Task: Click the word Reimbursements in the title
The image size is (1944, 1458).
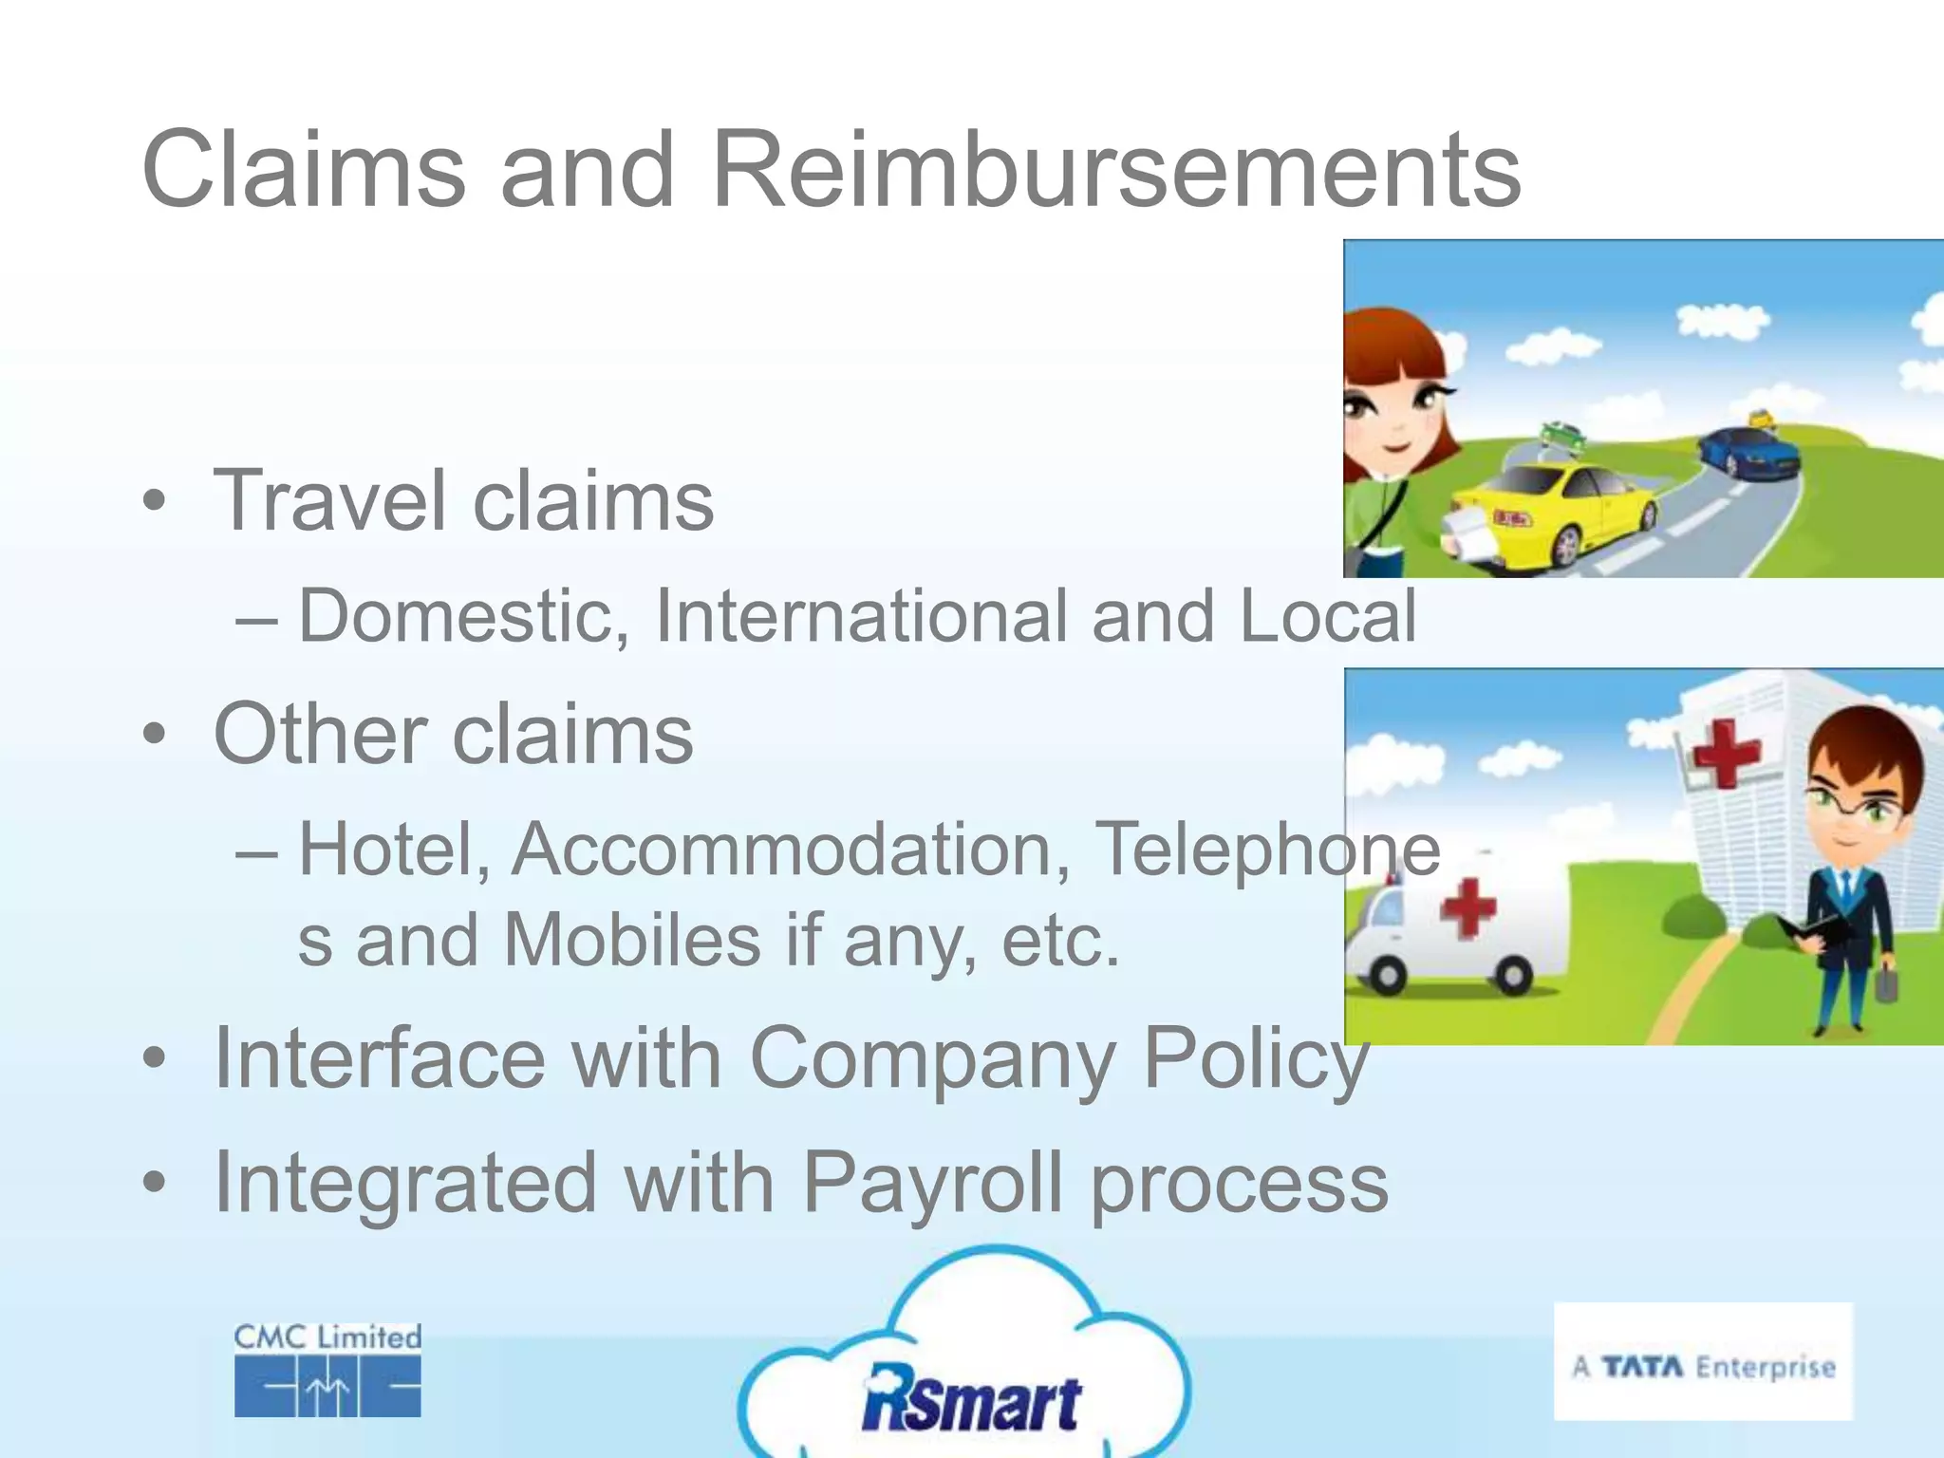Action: pos(1115,171)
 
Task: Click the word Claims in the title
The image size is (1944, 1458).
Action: pos(304,171)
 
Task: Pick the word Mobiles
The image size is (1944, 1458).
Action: pos(631,941)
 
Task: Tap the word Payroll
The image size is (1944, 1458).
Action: pos(932,1183)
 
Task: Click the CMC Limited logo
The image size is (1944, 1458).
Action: pos(327,1370)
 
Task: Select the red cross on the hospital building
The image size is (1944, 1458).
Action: pos(1726,752)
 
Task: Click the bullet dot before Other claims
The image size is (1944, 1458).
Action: pos(155,735)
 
